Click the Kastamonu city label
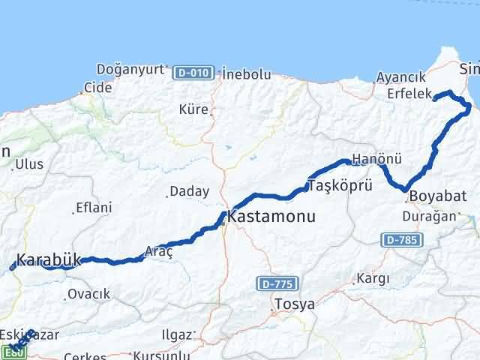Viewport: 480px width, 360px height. [x=271, y=217]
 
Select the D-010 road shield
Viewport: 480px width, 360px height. [x=190, y=73]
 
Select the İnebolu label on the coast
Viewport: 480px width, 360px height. [x=246, y=73]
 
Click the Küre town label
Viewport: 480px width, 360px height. [x=193, y=109]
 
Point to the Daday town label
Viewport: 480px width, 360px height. [x=189, y=191]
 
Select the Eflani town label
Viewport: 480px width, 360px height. [x=94, y=208]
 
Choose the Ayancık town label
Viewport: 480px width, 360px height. [x=400, y=76]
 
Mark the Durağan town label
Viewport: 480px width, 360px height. [x=430, y=216]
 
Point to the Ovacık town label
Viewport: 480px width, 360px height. [x=88, y=294]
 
